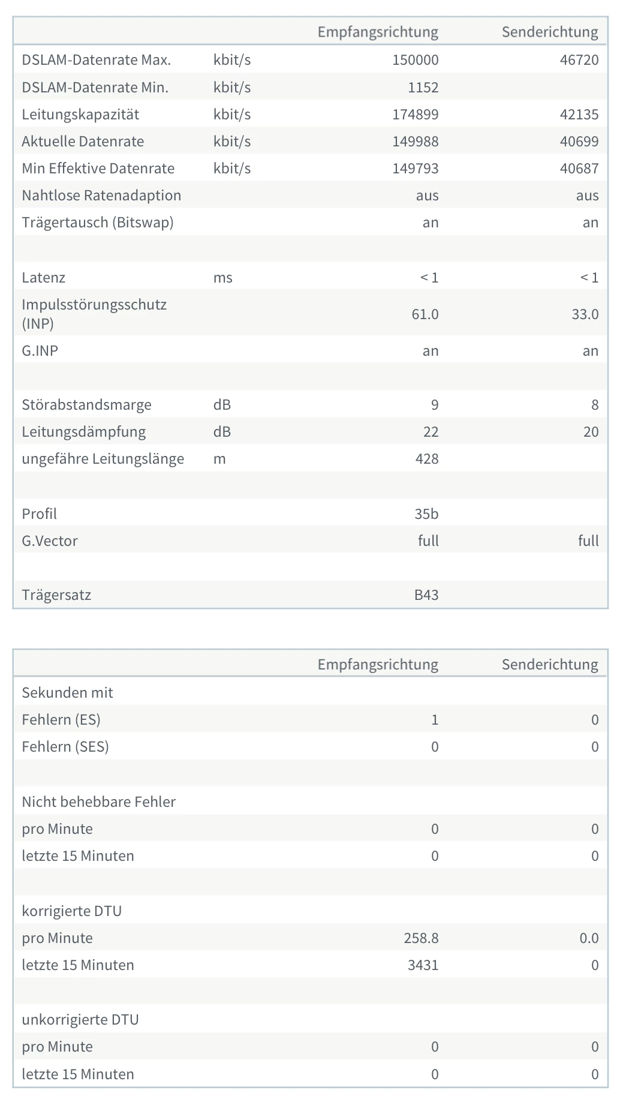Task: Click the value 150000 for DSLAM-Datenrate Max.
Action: tap(415, 60)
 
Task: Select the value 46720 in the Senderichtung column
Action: tap(579, 60)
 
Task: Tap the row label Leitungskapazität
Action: tap(80, 115)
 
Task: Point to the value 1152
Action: tap(423, 88)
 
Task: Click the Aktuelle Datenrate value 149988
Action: tap(415, 142)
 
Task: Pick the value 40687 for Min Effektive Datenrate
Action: tap(579, 169)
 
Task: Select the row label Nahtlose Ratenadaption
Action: tap(101, 196)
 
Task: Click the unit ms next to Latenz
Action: tap(222, 278)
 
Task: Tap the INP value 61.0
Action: tap(425, 314)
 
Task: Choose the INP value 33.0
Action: tap(585, 314)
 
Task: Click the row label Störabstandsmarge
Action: tap(86, 405)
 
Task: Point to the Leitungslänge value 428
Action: tap(426, 459)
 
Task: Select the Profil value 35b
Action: tap(426, 514)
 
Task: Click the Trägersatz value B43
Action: tap(426, 595)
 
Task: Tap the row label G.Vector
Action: tap(50, 541)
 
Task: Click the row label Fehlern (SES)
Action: tap(65, 747)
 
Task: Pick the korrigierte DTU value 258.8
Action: tap(421, 938)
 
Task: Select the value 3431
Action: tap(423, 965)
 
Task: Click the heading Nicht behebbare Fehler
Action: tap(98, 802)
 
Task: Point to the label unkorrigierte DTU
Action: tap(80, 1020)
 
